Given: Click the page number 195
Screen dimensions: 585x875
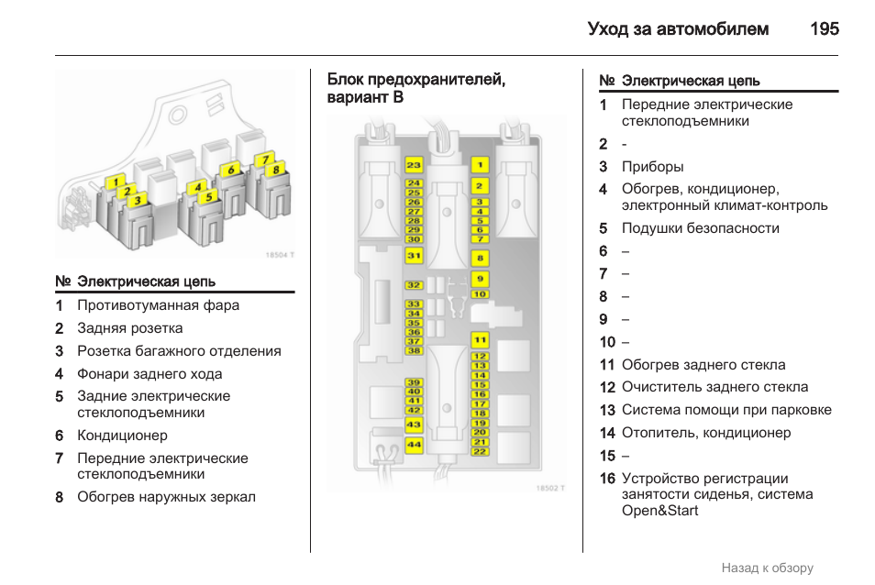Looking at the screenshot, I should [824, 28].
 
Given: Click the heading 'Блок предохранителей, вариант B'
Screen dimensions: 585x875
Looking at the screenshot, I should [415, 88].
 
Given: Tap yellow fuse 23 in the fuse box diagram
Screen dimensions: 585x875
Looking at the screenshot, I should [414, 165].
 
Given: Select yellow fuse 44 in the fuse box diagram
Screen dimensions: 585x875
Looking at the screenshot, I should [414, 445].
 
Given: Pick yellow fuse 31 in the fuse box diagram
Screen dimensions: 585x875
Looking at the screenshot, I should [414, 256].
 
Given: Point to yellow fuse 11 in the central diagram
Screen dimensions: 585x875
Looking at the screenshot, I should [480, 340].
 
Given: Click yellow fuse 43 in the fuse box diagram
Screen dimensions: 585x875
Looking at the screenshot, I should [414, 425].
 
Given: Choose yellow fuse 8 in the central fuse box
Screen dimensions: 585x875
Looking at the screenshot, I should [480, 258].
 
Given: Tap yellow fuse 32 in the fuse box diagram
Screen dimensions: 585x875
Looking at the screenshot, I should [414, 286].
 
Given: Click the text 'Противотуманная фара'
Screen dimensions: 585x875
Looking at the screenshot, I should [158, 305].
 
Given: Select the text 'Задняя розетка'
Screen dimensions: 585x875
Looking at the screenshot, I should [129, 328].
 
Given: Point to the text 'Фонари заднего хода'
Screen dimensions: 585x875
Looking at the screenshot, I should [150, 374].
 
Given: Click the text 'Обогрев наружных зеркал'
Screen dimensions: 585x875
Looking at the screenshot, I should [166, 497].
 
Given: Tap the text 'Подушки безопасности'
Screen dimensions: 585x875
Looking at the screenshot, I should [700, 228].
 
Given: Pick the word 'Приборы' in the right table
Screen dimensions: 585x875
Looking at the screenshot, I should [652, 167].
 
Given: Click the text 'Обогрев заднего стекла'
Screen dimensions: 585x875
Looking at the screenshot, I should [703, 365].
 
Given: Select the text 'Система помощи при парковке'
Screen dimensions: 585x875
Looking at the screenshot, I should [726, 410].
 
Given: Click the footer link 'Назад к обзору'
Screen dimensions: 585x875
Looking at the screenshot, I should [767, 568].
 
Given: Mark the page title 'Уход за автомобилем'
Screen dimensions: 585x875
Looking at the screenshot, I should [678, 28].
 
